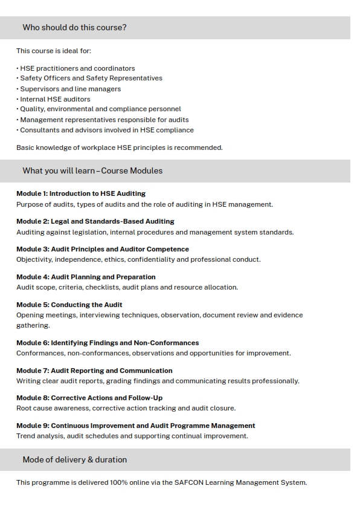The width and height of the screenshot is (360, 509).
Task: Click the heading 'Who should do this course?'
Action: pyautogui.click(x=74, y=28)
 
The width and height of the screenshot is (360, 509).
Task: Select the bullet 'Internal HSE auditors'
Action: pyautogui.click(x=55, y=99)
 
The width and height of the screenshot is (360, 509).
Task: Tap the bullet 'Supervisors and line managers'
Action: pyautogui.click(x=70, y=89)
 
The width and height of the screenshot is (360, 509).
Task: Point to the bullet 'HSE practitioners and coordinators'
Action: pyautogui.click(x=77, y=68)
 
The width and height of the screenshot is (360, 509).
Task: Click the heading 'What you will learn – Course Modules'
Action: pyautogui.click(x=92, y=171)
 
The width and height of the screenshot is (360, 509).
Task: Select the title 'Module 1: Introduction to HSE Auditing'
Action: pyautogui.click(x=81, y=194)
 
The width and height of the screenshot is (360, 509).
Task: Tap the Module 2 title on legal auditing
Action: pyautogui.click(x=95, y=221)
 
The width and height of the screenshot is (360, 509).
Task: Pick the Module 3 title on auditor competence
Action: pyautogui.click(x=103, y=249)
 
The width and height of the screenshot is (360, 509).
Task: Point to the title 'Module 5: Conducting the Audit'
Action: pyautogui.click(x=69, y=305)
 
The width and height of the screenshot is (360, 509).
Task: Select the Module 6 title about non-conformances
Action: pyautogui.click(x=108, y=343)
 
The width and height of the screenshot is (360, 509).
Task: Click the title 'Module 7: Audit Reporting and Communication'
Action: pyautogui.click(x=94, y=371)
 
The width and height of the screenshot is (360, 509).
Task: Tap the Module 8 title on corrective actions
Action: pyautogui.click(x=89, y=398)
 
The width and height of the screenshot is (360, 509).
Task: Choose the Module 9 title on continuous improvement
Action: pyautogui.click(x=136, y=426)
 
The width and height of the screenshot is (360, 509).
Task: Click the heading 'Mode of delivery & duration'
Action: pyautogui.click(x=74, y=460)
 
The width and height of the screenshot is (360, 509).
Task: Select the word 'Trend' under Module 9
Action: pyautogui.click(x=26, y=436)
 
